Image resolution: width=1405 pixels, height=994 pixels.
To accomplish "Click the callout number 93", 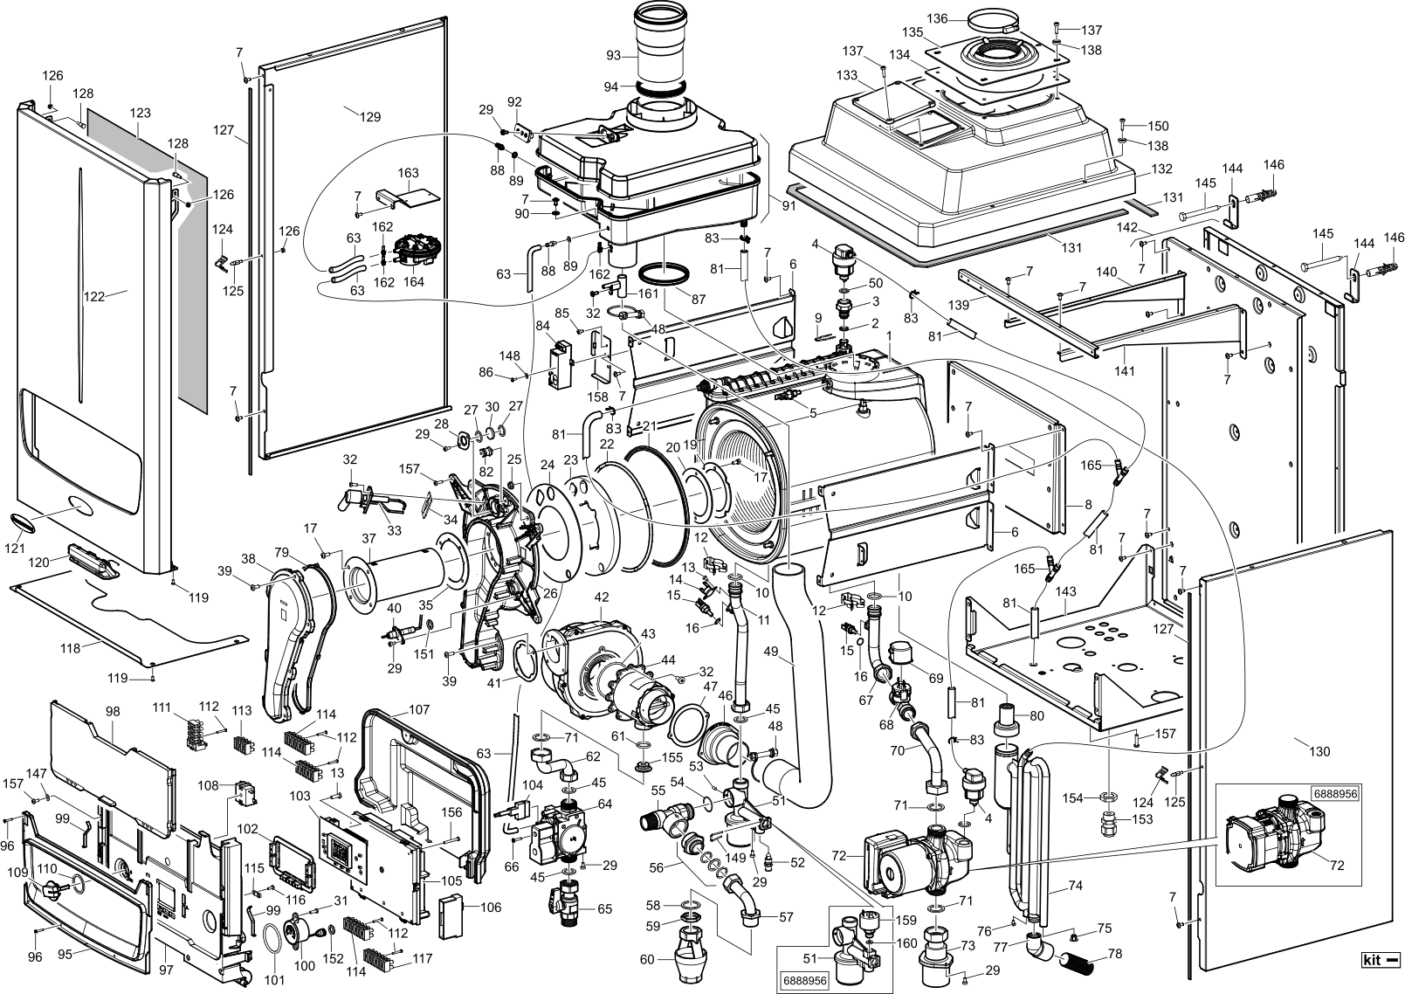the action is pyautogui.click(x=613, y=55).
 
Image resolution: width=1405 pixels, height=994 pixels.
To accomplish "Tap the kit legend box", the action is pyautogui.click(x=1380, y=977).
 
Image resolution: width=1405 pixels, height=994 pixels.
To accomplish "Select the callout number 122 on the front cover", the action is pyautogui.click(x=94, y=295).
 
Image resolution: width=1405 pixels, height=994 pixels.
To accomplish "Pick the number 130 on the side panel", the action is pyautogui.click(x=1319, y=752).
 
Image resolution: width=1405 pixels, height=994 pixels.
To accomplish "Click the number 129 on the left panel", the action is pyautogui.click(x=370, y=117).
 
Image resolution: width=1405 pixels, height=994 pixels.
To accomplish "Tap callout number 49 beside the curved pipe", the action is pyautogui.click(x=771, y=652).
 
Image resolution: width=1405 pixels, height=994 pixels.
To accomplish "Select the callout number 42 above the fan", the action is pyautogui.click(x=602, y=597).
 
